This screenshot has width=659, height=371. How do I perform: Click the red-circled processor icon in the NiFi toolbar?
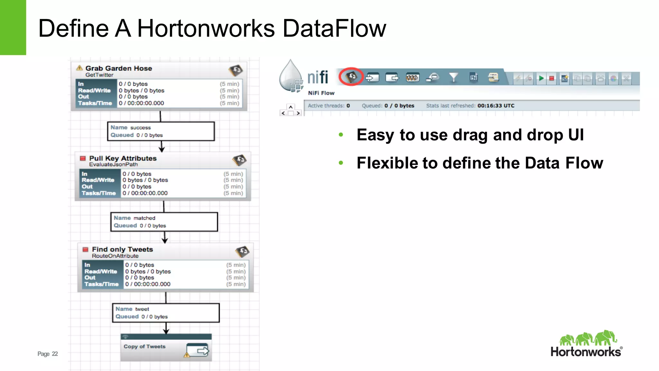pyautogui.click(x=351, y=77)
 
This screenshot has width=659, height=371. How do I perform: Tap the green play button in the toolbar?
pyautogui.click(x=541, y=78)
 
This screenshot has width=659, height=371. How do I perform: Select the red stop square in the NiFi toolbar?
pyautogui.click(x=552, y=78)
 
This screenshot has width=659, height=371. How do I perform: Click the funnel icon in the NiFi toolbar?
pyautogui.click(x=453, y=77)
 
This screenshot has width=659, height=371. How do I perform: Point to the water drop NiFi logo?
pyautogui.click(x=291, y=76)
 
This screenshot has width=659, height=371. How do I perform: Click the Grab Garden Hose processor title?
pyautogui.click(x=118, y=68)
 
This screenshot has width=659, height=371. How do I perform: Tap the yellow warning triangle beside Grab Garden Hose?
pyautogui.click(x=79, y=68)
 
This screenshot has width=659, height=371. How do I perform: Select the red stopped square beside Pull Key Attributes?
pyautogui.click(x=83, y=158)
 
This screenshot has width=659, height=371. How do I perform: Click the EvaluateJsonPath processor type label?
pyautogui.click(x=113, y=164)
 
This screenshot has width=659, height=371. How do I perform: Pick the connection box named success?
pyautogui.click(x=161, y=131)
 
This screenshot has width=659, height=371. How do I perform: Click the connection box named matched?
pyautogui.click(x=164, y=222)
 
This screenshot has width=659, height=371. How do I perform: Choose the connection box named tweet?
pyautogui.click(x=166, y=313)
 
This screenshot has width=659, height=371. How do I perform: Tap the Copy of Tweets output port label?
pyautogui.click(x=144, y=347)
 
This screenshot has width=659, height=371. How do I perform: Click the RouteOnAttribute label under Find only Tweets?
pyautogui.click(x=115, y=256)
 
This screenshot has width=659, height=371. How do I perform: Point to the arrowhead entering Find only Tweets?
pyautogui.click(x=165, y=241)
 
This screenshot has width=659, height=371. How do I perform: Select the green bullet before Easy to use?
pyautogui.click(x=341, y=135)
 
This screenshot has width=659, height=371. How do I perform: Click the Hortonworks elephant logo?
pyautogui.click(x=588, y=338)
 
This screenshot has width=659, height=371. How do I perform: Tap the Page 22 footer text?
pyautogui.click(x=48, y=354)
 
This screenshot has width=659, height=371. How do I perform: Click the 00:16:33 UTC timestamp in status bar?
pyautogui.click(x=496, y=106)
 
